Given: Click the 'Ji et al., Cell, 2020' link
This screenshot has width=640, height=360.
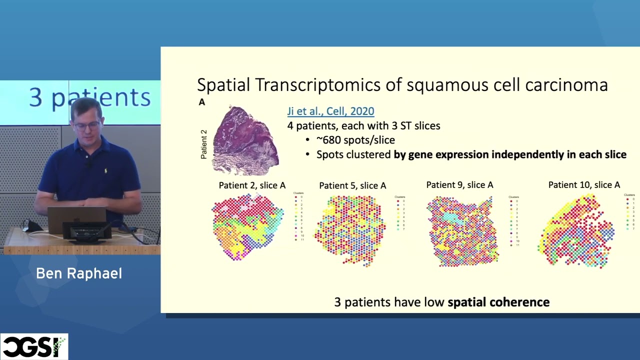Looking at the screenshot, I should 330,111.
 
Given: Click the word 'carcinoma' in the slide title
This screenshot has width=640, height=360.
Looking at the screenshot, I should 566,85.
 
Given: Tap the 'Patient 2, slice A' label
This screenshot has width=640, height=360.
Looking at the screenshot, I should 252,185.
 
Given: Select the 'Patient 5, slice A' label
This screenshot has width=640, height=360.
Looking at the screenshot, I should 352,185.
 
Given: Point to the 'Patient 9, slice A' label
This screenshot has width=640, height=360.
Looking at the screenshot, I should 459,185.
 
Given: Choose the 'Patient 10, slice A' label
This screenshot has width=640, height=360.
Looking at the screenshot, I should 584,185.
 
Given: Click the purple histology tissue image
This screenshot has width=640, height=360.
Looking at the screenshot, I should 245,141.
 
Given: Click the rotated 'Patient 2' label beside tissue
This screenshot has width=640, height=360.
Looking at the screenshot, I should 203,144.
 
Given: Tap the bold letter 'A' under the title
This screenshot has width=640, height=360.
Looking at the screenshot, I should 202,102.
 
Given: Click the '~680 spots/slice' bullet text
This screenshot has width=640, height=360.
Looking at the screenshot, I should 355,140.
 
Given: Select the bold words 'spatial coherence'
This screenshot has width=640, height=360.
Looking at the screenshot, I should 498,302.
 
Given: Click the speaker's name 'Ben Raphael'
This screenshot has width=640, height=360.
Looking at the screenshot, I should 79,273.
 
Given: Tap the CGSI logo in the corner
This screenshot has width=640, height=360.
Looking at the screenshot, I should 33,346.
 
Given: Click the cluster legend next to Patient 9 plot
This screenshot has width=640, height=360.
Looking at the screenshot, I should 514,220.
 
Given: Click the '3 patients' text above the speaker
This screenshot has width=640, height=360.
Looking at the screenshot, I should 90,97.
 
